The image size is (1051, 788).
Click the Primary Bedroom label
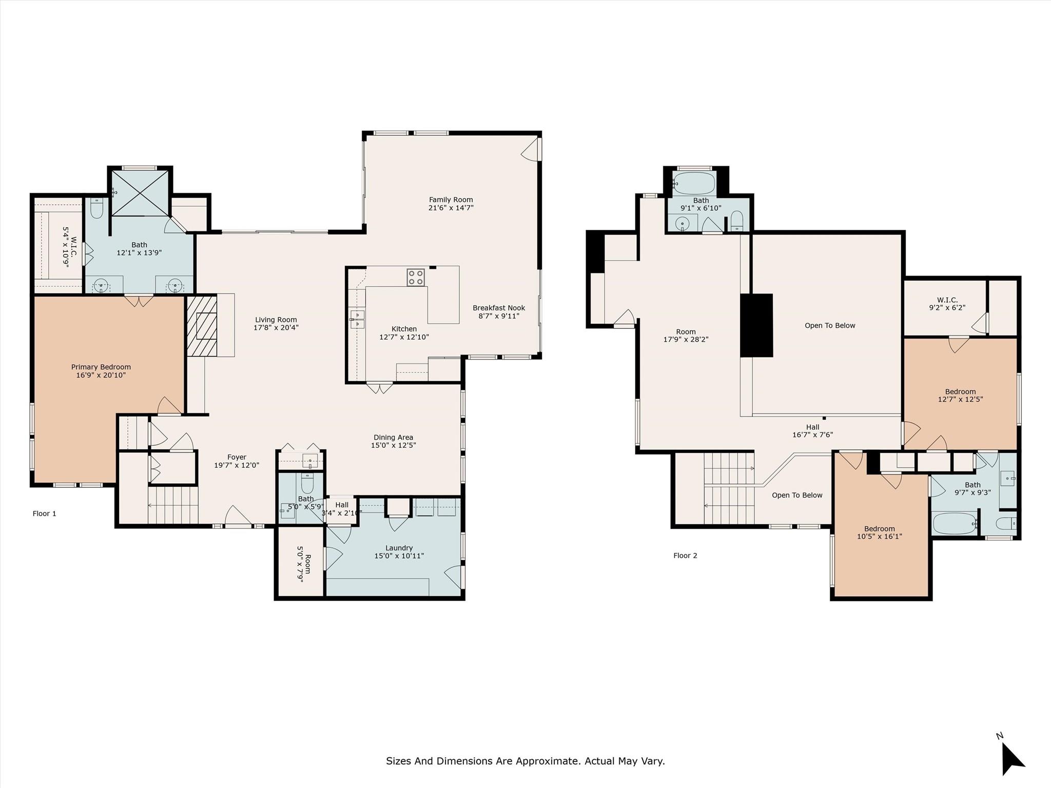pyautogui.click(x=101, y=367)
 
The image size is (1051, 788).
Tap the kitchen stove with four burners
pyautogui.click(x=416, y=278)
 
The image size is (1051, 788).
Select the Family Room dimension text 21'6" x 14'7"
pyautogui.click(x=451, y=208)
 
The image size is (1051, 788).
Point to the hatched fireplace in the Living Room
pyautogui.click(x=201, y=325)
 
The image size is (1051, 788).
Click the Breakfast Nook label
pyautogui.click(x=499, y=308)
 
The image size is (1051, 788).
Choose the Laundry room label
pyautogui.click(x=399, y=548)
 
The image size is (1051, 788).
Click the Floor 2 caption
pyautogui.click(x=685, y=556)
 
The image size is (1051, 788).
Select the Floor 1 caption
pyautogui.click(x=45, y=514)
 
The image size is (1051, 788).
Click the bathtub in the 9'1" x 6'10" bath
pyautogui.click(x=694, y=182)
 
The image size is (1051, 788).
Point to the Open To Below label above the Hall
pyautogui.click(x=830, y=325)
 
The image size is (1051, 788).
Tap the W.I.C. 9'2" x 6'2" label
pyautogui.click(x=947, y=300)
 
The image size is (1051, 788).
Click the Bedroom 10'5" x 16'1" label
pyautogui.click(x=879, y=529)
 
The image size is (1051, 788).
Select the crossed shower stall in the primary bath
pyautogui.click(x=140, y=193)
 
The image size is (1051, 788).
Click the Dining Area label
pyautogui.click(x=393, y=438)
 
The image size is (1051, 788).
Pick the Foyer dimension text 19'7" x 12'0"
pyautogui.click(x=237, y=465)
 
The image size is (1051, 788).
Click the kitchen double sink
pyautogui.click(x=357, y=319)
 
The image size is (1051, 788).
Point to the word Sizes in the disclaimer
pyautogui.click(x=398, y=761)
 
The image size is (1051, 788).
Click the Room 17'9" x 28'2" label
pyautogui.click(x=686, y=332)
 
